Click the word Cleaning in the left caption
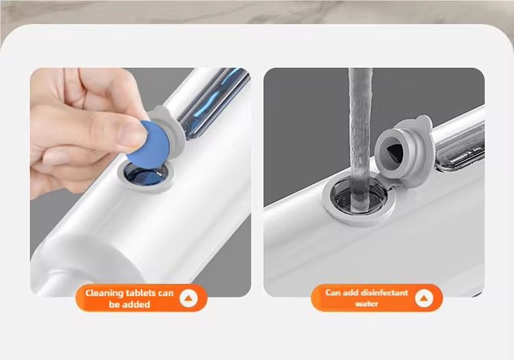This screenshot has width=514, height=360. pos(104,293)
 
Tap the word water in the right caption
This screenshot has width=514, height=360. pos(367,304)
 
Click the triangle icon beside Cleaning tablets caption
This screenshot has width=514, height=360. pos(188,298)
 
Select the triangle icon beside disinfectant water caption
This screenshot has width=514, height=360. pos(424,298)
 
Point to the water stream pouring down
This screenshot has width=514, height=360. pos(360,138)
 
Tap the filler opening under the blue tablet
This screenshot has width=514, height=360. pos(146,176)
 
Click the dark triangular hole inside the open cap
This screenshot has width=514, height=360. pos(393,152)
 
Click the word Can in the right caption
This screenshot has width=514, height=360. pos(333,293)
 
